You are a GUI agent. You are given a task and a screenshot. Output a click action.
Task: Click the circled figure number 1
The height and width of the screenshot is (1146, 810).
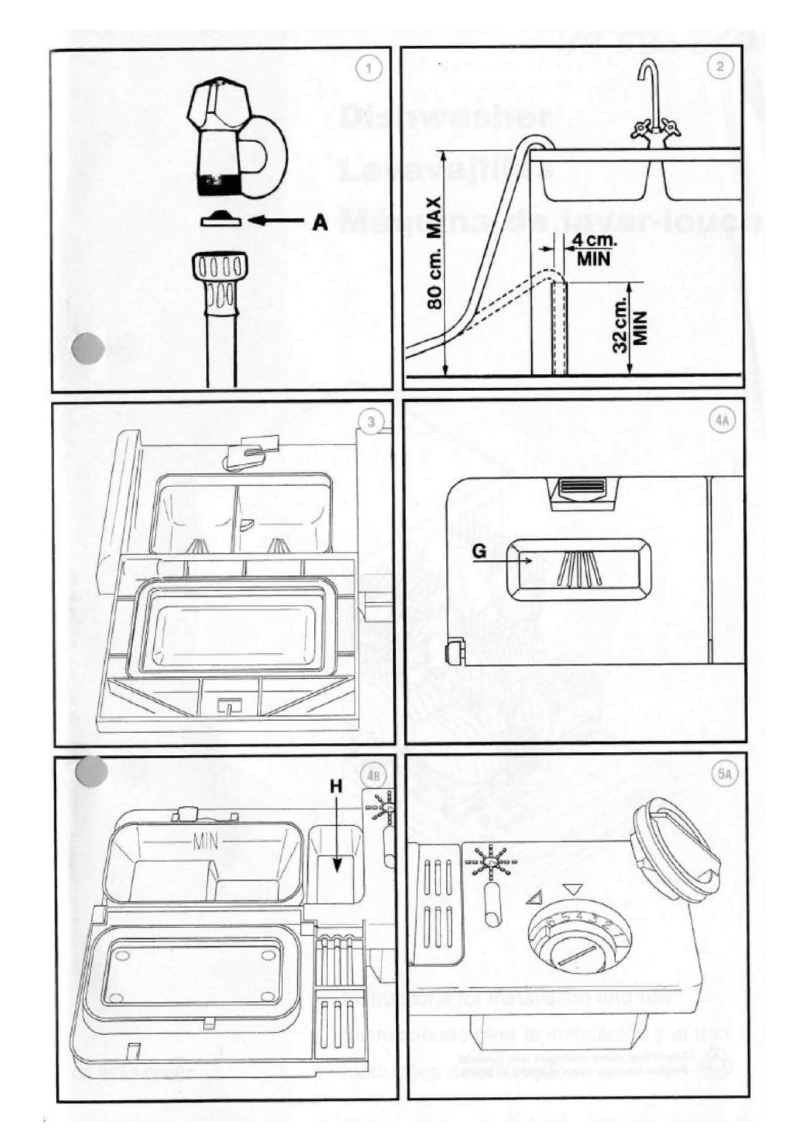(x=369, y=69)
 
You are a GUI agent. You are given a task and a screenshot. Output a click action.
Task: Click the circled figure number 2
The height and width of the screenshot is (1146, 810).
(x=719, y=66)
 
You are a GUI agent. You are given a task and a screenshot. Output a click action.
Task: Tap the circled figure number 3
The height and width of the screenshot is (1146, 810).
(x=370, y=422)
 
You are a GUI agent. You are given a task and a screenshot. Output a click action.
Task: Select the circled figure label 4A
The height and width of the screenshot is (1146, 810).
(x=721, y=421)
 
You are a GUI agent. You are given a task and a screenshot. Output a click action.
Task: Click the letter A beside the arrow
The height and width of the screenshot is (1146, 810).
(x=320, y=223)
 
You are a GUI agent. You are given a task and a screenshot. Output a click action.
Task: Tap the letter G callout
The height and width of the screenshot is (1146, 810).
(x=480, y=552)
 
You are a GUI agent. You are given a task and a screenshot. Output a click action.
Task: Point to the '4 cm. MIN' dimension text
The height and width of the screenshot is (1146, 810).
(x=594, y=250)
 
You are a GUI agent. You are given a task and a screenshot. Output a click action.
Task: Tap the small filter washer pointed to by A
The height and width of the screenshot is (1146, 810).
(x=220, y=219)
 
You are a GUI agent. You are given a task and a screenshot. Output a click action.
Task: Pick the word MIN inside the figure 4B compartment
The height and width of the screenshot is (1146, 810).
(x=205, y=842)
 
